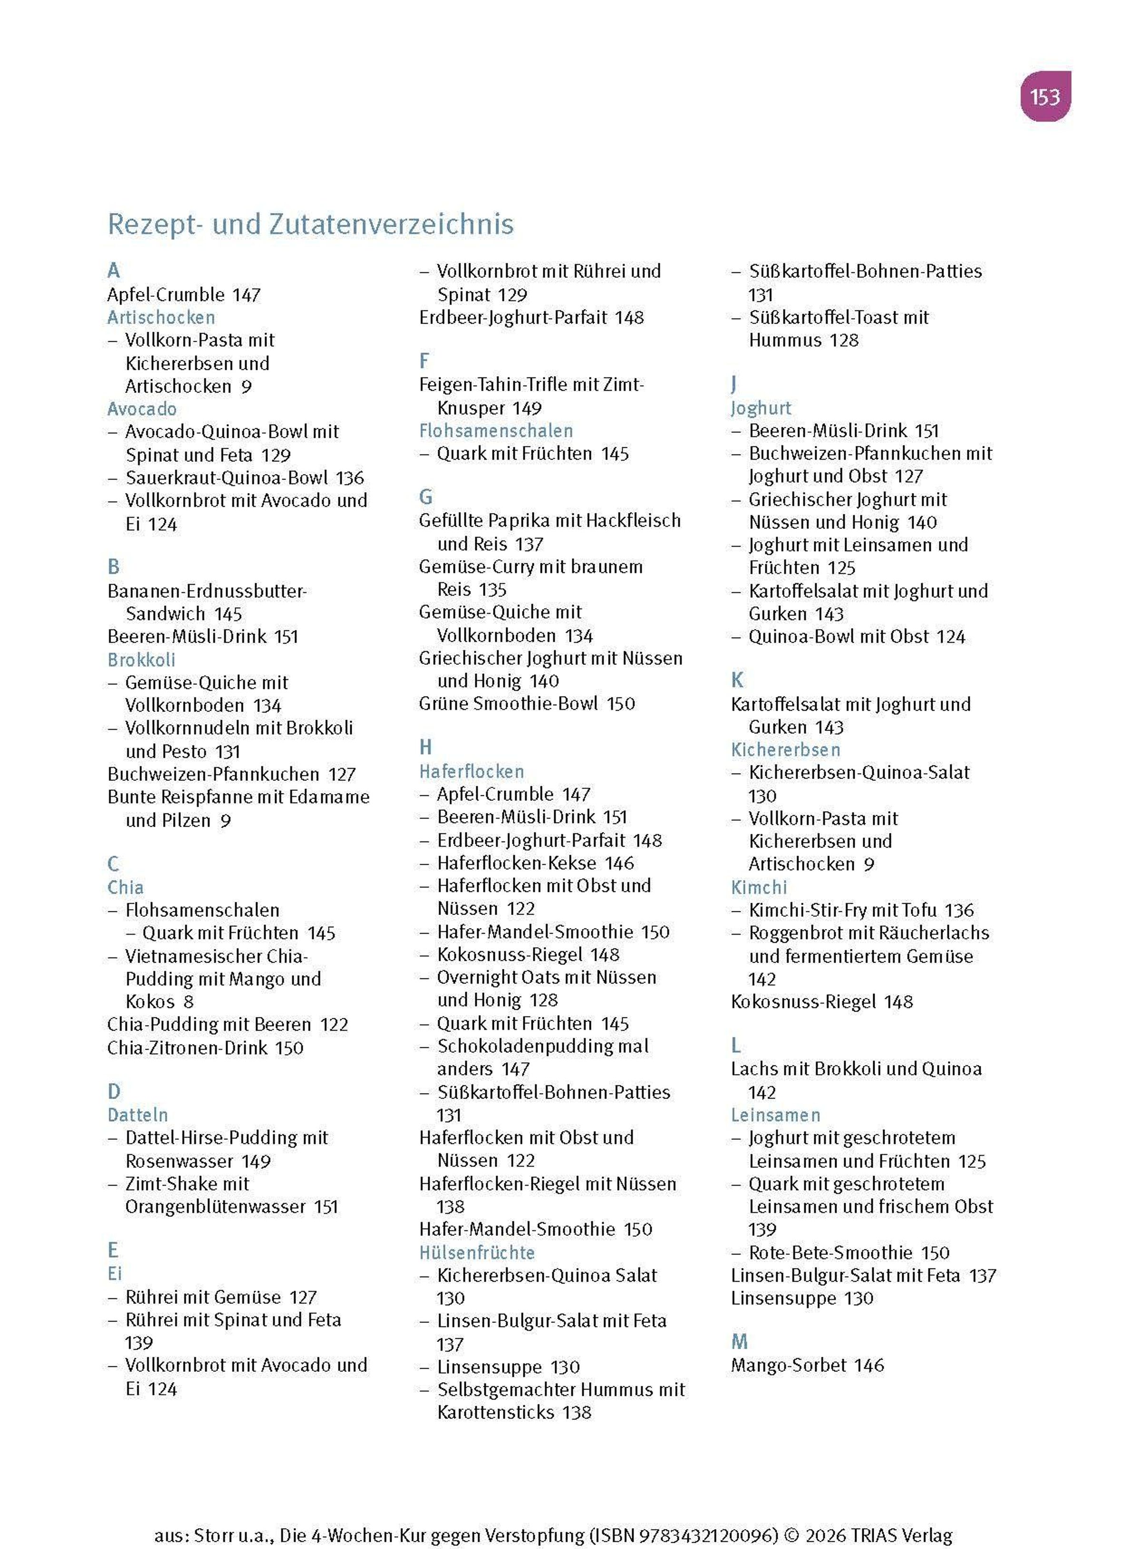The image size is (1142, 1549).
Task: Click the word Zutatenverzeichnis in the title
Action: pyautogui.click(x=391, y=224)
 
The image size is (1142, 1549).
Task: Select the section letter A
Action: pyautogui.click(x=113, y=270)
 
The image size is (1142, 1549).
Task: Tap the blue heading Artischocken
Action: pyautogui.click(x=161, y=317)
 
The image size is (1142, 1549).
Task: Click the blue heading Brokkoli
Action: pyautogui.click(x=141, y=660)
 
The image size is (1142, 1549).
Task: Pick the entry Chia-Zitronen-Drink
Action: pyautogui.click(x=187, y=1048)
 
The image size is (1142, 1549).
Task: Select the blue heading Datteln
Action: pyautogui.click(x=138, y=1115)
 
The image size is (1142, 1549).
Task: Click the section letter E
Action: pyautogui.click(x=113, y=1250)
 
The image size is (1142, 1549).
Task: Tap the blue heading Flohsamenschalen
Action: pyautogui.click(x=496, y=431)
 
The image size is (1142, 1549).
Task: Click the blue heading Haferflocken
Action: pyautogui.click(x=472, y=771)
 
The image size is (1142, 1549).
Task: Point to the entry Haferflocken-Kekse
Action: pyautogui.click(x=516, y=863)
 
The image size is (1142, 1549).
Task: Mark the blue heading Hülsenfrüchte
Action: pyautogui.click(x=477, y=1253)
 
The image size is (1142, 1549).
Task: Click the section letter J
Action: pyautogui.click(x=734, y=385)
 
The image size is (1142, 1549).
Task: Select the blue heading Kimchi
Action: pyautogui.click(x=759, y=887)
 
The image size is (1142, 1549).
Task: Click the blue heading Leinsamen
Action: pyautogui.click(x=776, y=1115)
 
